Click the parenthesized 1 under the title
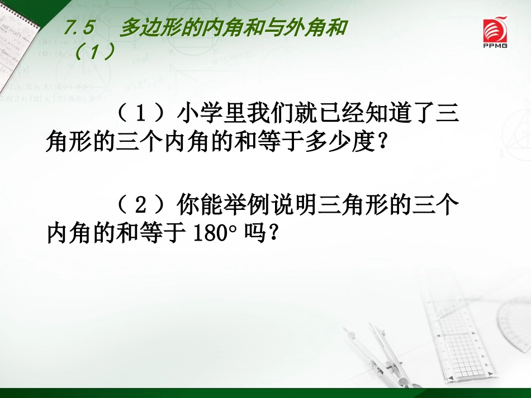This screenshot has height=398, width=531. point(95,52)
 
